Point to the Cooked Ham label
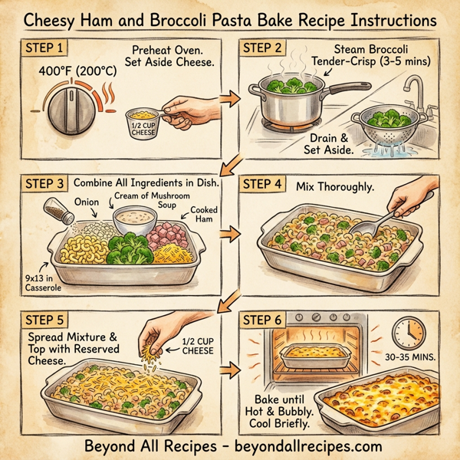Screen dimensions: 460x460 202,215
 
